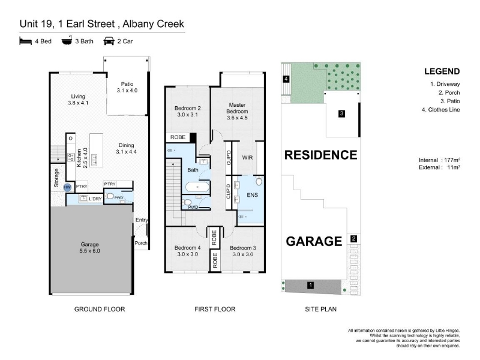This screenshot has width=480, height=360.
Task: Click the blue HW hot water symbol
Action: (x=67, y=187)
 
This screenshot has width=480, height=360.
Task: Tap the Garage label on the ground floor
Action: (x=89, y=244)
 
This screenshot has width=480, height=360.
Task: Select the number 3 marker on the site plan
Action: (x=341, y=113)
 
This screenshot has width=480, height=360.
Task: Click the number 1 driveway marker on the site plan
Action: (x=310, y=286)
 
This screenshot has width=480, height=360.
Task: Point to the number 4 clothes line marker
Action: (x=286, y=79)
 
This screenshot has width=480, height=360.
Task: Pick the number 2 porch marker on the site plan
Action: (x=353, y=238)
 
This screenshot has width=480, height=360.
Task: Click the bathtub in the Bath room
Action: (x=197, y=187)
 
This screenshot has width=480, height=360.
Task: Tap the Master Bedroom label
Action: (x=237, y=108)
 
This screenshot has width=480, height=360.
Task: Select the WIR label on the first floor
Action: (x=247, y=157)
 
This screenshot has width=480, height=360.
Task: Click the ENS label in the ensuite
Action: (x=252, y=194)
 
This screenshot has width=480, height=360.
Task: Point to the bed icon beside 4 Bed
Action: (x=25, y=41)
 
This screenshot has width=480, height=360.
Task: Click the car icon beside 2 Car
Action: (x=109, y=41)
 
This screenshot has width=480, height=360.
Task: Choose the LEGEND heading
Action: (x=442, y=71)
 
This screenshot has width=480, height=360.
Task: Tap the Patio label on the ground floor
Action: (x=127, y=84)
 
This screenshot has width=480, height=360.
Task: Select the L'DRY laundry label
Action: (x=95, y=199)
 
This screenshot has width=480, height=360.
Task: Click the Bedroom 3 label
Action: (x=243, y=248)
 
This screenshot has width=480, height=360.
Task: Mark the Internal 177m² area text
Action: (x=440, y=160)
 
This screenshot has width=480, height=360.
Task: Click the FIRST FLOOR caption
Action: (x=215, y=309)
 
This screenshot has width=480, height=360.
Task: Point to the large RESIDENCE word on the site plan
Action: (x=321, y=155)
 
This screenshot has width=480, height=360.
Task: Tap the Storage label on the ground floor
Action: (x=56, y=178)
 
